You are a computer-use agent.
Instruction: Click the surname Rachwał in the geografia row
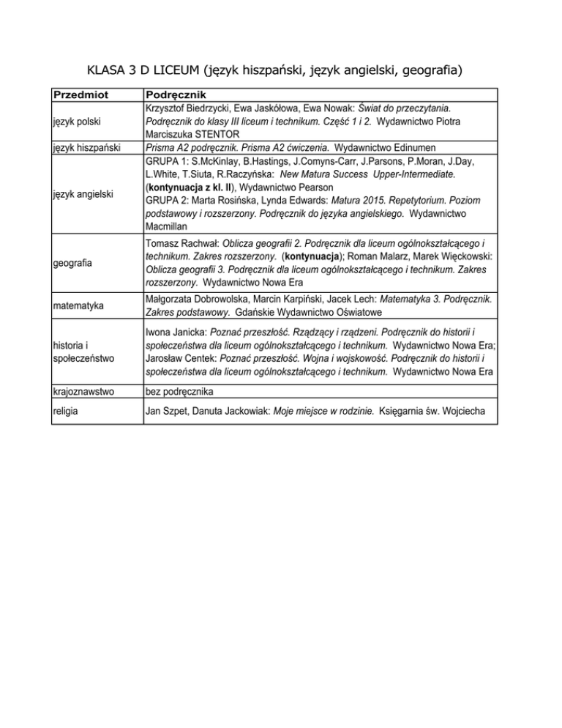click(199, 243)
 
